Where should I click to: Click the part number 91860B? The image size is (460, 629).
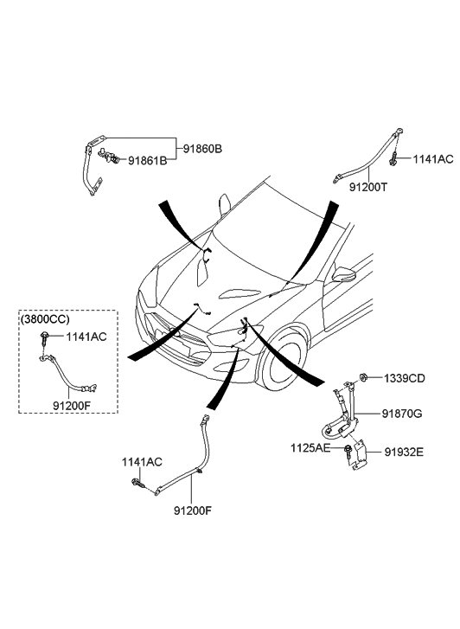coord(202,149)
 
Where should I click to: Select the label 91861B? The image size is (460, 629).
coord(147,161)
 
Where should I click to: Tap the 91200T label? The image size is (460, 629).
coord(368,187)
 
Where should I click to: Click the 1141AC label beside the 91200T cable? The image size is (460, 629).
coord(433,159)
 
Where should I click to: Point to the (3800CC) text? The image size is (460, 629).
coord(45,319)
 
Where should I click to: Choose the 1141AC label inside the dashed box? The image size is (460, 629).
coord(86,337)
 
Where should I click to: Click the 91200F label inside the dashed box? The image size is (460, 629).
coord(72,406)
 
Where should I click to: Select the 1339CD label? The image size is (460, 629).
coord(405,378)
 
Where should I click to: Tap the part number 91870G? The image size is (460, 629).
coord(401,414)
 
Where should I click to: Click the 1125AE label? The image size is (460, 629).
coord(310,447)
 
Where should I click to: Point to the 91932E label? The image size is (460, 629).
coord(404,452)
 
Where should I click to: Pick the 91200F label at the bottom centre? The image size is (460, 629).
coord(193,510)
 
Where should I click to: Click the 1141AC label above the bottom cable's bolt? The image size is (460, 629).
coord(142,462)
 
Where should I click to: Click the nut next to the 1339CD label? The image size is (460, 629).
coord(363,377)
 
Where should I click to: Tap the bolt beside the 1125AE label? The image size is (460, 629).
coord(348,451)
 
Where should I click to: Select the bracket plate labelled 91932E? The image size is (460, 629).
coord(359,456)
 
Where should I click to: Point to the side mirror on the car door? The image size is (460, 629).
coord(344,274)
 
